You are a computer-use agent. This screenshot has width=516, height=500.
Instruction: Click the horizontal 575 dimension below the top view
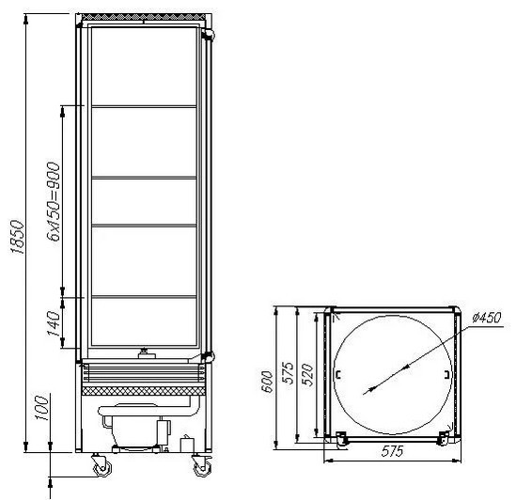coord(392,452)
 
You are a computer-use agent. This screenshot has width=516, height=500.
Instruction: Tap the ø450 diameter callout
coord(485,318)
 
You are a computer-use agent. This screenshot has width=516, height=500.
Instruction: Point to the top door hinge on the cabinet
coord(208,33)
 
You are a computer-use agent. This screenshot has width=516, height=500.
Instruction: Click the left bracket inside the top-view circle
coord(338,376)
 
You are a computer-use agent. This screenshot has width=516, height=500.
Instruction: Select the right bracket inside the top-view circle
coord(445,376)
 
